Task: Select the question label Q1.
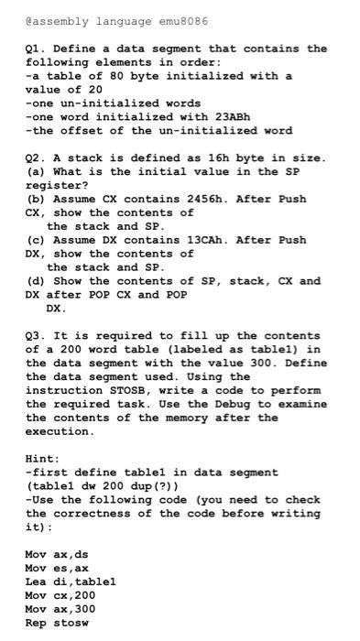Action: pos(36,49)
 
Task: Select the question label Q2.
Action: pos(36,158)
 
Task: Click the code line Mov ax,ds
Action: pos(56,554)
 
